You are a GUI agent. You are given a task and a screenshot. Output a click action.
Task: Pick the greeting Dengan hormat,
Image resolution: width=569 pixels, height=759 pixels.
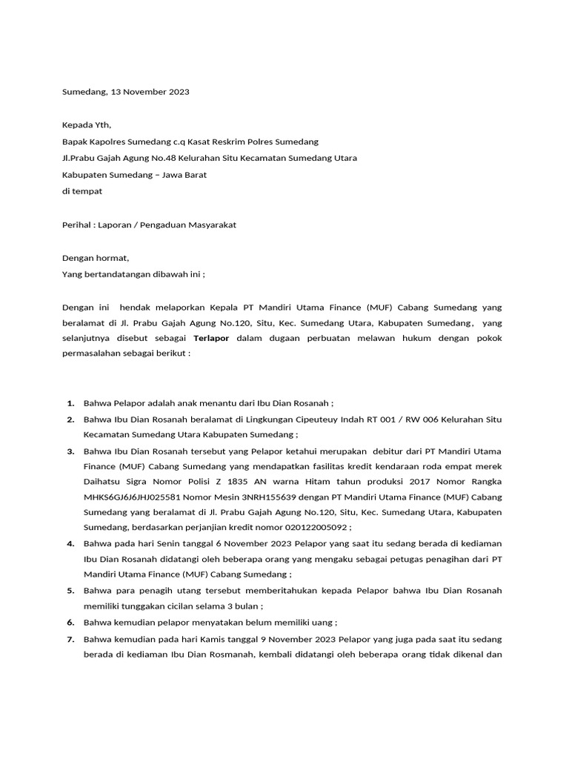tap(95, 258)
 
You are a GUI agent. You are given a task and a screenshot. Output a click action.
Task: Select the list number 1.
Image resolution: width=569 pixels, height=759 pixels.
tap(70, 403)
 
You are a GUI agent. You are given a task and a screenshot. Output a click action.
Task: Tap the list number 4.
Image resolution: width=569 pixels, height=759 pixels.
tap(70, 543)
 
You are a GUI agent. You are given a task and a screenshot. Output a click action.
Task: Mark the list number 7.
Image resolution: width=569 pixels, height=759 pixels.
tap(70, 639)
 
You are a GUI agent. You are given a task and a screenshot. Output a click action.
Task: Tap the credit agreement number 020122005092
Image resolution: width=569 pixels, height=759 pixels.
tap(316, 528)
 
